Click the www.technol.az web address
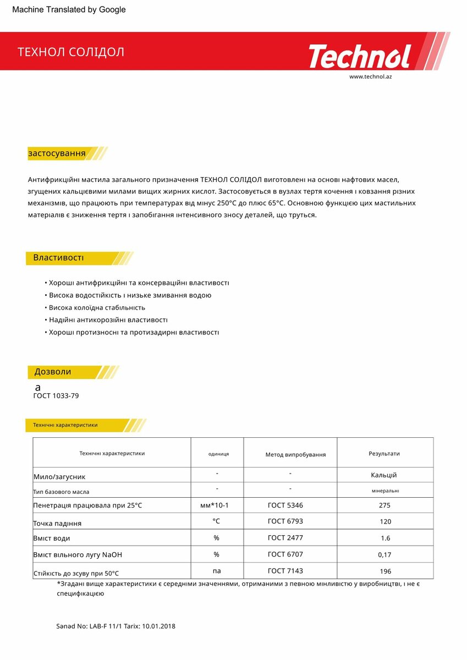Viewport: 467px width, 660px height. tap(370, 76)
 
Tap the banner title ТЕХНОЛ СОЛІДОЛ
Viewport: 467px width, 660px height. tap(71, 52)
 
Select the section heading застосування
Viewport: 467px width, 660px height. tap(57, 153)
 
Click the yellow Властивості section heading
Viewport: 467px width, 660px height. tap(58, 258)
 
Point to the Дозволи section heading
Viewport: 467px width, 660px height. tap(53, 372)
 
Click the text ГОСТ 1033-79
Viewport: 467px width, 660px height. tap(52, 395)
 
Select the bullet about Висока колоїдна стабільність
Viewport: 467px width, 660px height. tap(97, 307)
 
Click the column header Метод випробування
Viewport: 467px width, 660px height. tap(295, 454)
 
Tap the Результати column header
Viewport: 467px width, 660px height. tap(384, 454)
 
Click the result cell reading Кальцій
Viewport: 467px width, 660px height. tap(384, 475)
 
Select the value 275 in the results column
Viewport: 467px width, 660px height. tap(385, 505)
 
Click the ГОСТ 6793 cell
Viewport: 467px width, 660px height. tap(285, 521)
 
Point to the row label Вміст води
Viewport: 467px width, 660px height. tap(52, 538)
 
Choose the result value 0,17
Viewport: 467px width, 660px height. tap(384, 555)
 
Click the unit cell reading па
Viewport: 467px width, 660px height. tap(217, 570)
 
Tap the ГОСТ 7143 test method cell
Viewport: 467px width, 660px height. tap(285, 571)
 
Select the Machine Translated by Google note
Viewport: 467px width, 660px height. tap(69, 9)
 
